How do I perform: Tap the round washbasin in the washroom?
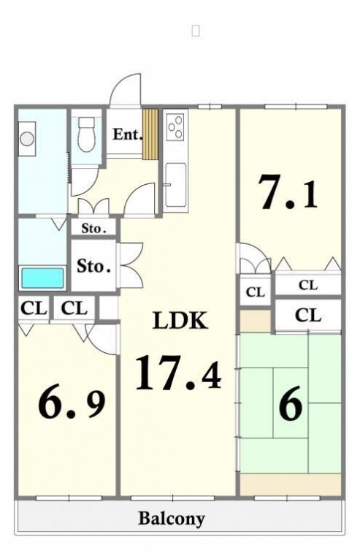[x=27, y=138]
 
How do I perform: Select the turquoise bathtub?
[x=43, y=278]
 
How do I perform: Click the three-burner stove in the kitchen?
[x=175, y=126]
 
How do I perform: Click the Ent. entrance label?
[x=127, y=134]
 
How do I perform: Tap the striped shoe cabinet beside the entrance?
[x=150, y=134]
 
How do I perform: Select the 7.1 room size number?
[x=288, y=192]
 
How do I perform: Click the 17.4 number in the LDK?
[x=178, y=373]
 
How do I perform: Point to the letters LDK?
[x=180, y=320]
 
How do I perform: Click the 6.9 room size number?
[x=72, y=405]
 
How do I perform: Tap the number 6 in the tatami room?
[x=291, y=403]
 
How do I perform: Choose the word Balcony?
[x=171, y=519]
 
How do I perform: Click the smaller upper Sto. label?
[x=93, y=228]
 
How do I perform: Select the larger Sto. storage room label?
[x=93, y=266]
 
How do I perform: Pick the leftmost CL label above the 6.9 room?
[x=34, y=308]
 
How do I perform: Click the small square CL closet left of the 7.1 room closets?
[x=256, y=292]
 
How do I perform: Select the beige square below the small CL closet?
[x=255, y=322]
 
